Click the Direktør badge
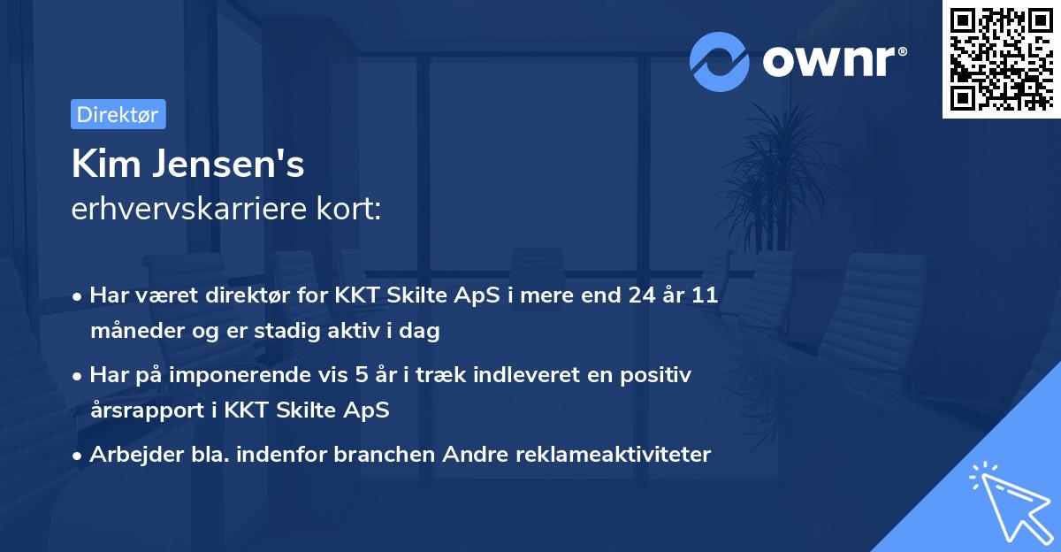point(118,114)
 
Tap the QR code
point(1001,58)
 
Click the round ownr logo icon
point(720,61)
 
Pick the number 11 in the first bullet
point(704,295)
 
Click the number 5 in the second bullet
point(362,375)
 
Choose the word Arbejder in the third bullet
point(128,455)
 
